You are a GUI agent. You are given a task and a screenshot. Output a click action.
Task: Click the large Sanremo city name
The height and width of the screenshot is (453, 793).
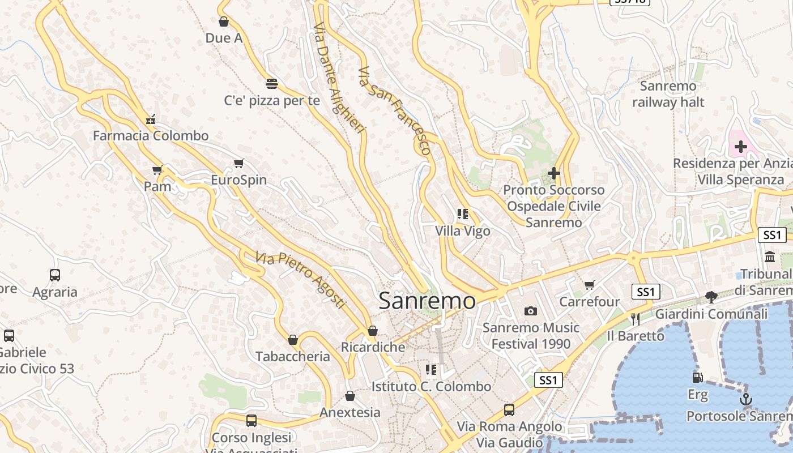[427, 301]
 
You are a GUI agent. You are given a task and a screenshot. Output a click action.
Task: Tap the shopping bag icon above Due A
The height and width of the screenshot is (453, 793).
[224, 22]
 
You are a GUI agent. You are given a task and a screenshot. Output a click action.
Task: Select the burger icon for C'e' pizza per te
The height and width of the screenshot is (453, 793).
[272, 84]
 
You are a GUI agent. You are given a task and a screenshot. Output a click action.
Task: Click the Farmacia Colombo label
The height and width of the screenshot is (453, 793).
[151, 136]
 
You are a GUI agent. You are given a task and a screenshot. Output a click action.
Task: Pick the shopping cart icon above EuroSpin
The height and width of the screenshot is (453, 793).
[238, 164]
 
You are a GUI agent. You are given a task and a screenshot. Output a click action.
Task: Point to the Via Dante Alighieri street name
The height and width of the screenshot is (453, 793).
[338, 78]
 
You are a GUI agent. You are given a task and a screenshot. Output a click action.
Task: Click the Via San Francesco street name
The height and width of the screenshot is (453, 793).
[395, 111]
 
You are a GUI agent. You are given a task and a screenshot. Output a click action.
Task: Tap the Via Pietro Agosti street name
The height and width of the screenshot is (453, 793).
[300, 280]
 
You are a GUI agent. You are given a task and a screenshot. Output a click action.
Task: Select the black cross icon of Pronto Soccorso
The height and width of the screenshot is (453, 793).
[553, 173]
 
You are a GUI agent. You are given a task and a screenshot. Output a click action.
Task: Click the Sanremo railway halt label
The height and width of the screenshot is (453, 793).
[668, 94]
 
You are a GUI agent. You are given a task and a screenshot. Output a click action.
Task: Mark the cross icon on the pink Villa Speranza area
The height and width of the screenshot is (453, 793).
[740, 147]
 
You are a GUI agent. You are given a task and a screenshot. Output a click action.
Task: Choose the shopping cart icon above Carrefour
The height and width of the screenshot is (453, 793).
[590, 285]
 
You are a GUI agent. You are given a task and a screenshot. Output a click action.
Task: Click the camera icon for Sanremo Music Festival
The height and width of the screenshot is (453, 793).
[530, 311]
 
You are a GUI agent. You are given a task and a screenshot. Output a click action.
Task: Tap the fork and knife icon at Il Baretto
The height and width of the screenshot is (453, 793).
[635, 319]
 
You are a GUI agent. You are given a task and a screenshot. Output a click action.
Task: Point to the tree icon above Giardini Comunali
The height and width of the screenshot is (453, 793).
[711, 297]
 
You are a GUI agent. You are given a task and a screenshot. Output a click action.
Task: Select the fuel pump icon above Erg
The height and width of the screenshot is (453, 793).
[697, 377]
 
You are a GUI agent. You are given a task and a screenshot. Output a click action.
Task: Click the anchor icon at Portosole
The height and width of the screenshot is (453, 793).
[746, 400]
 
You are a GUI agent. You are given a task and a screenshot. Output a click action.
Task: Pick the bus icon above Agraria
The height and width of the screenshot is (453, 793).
[55, 275]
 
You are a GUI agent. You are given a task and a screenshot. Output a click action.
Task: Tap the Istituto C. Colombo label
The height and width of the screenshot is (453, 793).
[431, 387]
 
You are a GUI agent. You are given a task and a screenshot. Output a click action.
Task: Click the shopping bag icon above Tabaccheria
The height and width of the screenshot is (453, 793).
[293, 340]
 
